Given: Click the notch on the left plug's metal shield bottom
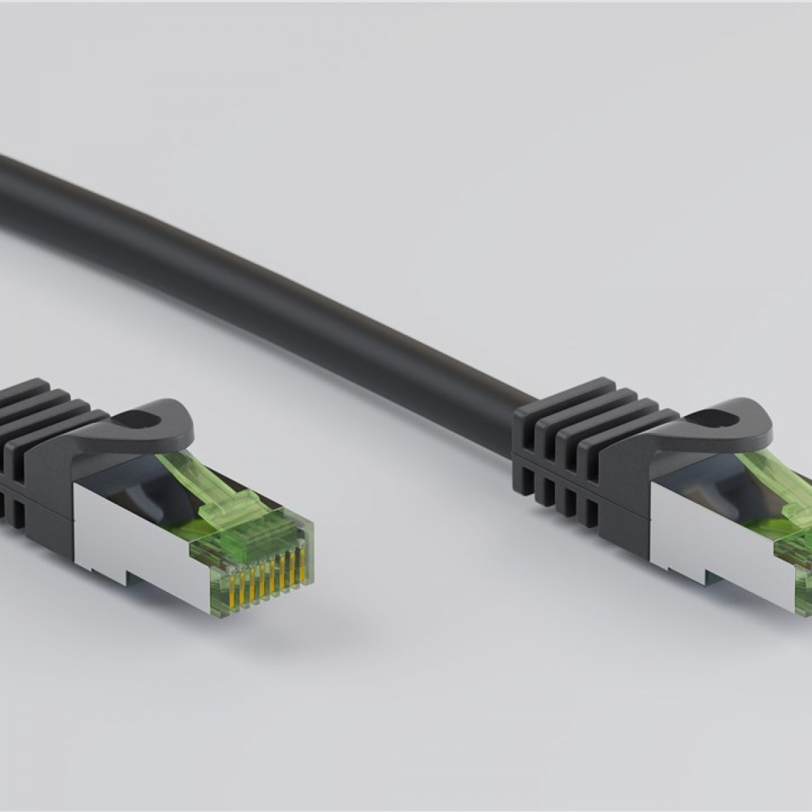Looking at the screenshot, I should pos(116,575).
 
